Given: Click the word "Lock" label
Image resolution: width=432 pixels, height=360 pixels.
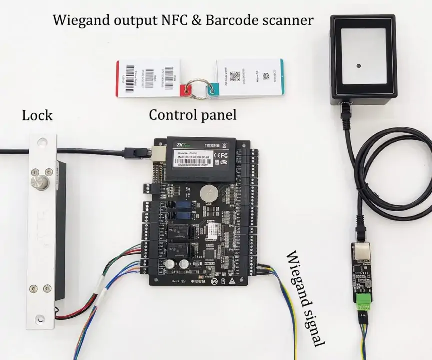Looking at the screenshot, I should (x=37, y=116).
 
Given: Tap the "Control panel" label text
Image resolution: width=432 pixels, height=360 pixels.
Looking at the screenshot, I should (x=193, y=115).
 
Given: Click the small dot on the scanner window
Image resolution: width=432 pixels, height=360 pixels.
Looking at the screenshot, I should (x=358, y=66).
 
